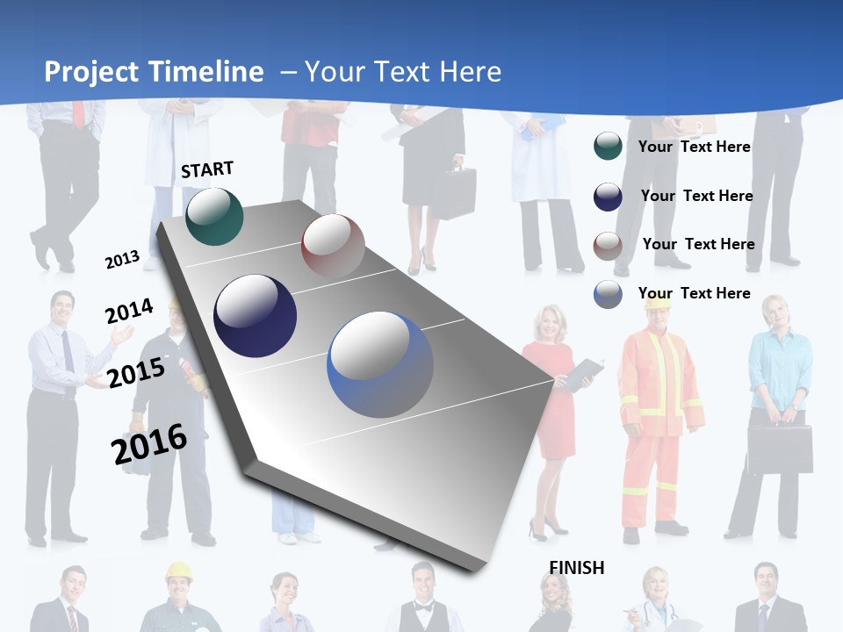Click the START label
207,169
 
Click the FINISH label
577,568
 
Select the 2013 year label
122,260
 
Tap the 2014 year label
129,312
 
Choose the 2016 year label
149,444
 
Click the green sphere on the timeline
214,216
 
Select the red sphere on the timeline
333,245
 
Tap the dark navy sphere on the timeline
255,316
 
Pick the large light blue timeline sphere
380,364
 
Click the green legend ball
608,146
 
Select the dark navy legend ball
608,197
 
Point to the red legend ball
608,246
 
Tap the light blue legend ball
608,294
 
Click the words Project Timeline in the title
154,72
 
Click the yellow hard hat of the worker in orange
658,303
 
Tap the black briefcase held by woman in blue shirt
780,449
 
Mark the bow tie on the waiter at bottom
424,607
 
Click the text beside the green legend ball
694,147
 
